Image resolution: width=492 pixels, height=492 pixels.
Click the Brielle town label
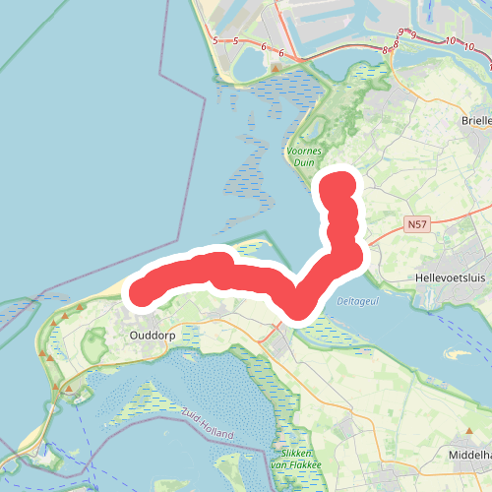point(474,120)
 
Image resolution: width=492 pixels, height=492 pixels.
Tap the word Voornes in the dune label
point(303,152)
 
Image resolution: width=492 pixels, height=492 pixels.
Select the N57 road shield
point(416,225)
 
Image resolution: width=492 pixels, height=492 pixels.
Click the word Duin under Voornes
point(303,163)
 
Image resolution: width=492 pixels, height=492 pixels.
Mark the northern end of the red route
point(339,184)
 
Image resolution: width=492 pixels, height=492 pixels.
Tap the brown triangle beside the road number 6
point(277,68)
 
